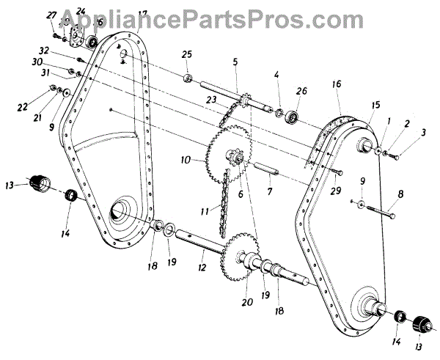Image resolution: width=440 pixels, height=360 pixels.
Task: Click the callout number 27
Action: coord(51,15)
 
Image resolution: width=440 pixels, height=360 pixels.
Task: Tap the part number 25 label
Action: coord(186,55)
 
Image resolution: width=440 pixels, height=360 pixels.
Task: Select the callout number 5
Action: coord(235,62)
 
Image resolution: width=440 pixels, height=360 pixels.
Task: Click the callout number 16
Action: coord(336,85)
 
